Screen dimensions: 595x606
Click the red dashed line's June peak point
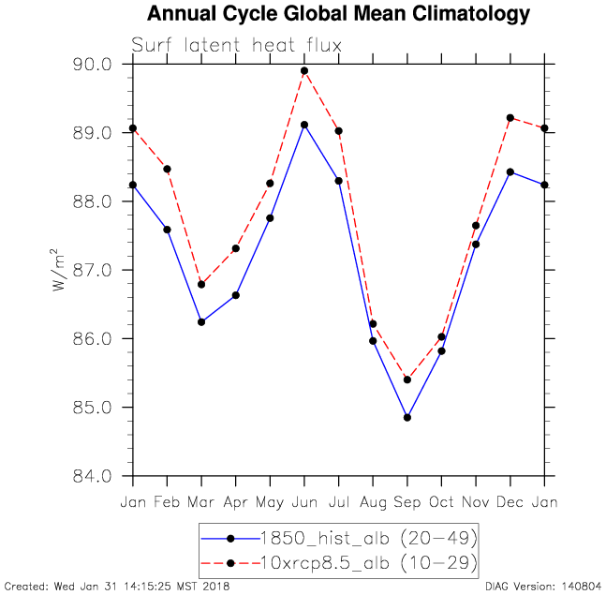(x=304, y=70)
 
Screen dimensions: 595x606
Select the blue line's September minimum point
(x=407, y=417)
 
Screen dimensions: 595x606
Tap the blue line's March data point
(x=201, y=322)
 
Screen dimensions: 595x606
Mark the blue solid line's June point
(x=304, y=125)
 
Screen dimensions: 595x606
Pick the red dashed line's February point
(x=167, y=169)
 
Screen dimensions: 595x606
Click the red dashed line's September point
(x=407, y=379)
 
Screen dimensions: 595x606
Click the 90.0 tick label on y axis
(x=93, y=65)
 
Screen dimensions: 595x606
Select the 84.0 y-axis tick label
(x=93, y=476)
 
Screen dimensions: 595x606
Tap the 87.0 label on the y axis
(x=93, y=270)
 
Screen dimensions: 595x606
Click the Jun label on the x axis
(x=304, y=502)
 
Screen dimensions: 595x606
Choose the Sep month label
(x=407, y=502)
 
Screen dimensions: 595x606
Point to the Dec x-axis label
(x=510, y=502)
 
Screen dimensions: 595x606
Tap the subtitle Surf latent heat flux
(x=236, y=45)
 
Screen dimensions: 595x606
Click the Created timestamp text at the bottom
(x=117, y=587)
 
